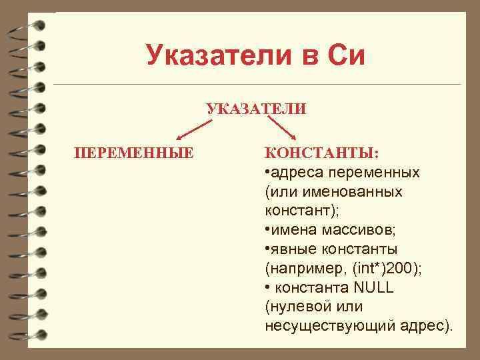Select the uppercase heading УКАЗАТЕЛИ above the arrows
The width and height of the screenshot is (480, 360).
click(x=257, y=109)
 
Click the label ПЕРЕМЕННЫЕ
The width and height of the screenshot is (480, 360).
click(x=134, y=153)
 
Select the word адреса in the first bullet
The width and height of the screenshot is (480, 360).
click(x=293, y=173)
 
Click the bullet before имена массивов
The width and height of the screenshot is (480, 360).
click(x=267, y=230)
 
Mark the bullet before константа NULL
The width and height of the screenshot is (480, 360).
click(x=267, y=288)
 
